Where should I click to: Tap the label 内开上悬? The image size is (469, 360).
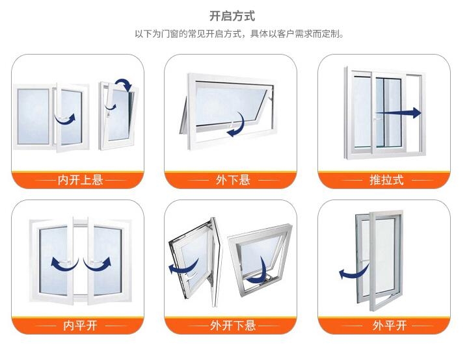coord(81,180)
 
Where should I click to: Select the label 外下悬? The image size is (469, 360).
coord(233,180)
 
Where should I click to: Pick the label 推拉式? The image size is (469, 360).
coord(386,180)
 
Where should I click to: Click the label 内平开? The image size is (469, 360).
coord(80,325)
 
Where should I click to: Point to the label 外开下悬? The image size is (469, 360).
coord(233,325)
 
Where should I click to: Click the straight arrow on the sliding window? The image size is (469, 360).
coord(398,113)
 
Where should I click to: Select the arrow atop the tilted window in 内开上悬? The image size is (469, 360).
coord(122,83)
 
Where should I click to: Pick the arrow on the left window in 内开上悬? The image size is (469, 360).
coord(66,119)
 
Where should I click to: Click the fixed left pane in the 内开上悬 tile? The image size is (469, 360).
coord(33,116)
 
